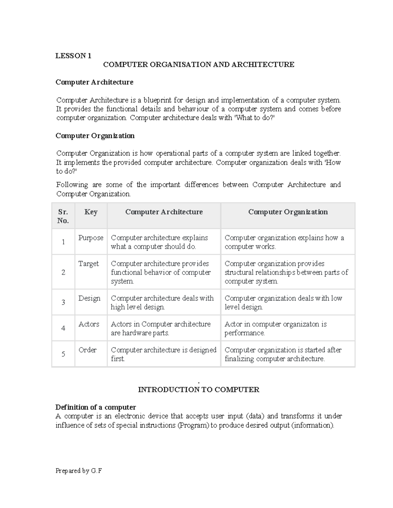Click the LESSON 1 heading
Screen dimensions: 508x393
[73, 56]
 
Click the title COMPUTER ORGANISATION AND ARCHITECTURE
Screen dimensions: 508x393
[198, 64]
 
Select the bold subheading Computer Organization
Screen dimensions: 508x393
[95, 136]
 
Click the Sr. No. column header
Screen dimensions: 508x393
[63, 216]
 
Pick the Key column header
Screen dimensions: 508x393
[91, 212]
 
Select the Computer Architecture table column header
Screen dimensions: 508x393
[164, 212]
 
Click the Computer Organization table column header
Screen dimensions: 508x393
[288, 212]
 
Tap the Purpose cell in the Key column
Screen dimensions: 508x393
[91, 238]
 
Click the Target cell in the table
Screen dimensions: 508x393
[88, 264]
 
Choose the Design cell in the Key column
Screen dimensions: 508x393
[89, 298]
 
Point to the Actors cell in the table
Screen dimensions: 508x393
[89, 324]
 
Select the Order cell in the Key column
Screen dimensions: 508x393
[87, 350]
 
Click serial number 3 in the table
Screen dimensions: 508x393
[63, 302]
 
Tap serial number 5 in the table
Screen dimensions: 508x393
[63, 354]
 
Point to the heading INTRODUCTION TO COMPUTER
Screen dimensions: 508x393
[198, 390]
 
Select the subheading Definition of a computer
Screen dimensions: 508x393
[96, 407]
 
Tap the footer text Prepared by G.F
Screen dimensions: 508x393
[79, 471]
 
